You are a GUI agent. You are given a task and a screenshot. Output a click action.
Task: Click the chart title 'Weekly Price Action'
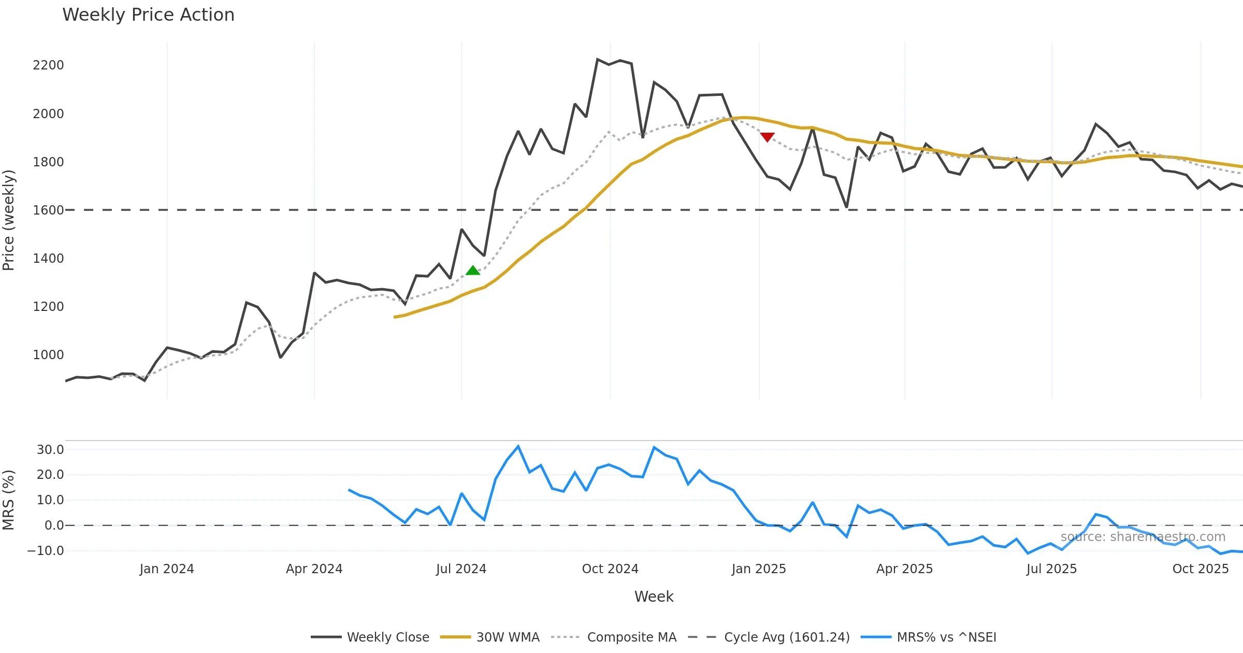pos(148,15)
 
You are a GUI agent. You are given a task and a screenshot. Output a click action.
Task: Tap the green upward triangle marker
pos(473,270)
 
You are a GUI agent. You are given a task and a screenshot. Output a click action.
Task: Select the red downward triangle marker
pos(767,137)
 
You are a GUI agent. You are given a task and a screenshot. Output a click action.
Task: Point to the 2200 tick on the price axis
pos(48,65)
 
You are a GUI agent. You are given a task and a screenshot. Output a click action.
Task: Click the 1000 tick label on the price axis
pos(48,355)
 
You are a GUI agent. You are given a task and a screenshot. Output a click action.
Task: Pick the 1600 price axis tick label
pos(48,210)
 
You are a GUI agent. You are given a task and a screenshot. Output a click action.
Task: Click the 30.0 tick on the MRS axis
pos(50,450)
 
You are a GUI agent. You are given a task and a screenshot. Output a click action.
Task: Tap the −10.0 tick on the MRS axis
pos(46,551)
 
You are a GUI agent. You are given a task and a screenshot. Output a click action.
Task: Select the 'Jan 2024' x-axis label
pos(167,569)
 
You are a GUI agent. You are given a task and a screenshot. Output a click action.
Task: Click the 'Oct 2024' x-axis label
pos(610,569)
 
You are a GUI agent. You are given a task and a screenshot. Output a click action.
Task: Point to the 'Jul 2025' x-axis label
pos(1051,569)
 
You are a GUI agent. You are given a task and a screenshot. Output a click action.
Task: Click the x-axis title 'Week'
pos(654,597)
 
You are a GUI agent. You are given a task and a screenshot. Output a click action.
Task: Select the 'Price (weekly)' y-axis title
pos(9,220)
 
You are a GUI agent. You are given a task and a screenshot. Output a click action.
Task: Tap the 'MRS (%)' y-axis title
pos(9,500)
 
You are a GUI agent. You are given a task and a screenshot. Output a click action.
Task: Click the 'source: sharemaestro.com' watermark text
pos(1143,537)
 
